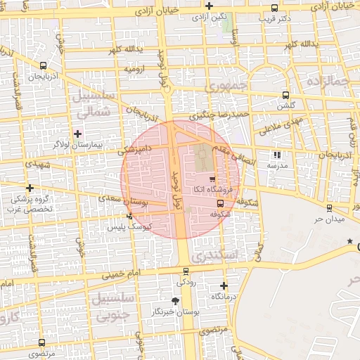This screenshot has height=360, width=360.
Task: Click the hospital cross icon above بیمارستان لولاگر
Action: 78,133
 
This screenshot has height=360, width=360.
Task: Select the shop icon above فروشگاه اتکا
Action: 212,179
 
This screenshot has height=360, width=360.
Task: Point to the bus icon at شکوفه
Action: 221,204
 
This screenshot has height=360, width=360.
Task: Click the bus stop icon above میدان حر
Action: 329,208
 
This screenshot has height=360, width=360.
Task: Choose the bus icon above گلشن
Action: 285,95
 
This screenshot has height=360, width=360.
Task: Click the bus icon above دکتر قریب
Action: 274,8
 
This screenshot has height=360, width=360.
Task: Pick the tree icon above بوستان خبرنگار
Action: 175,300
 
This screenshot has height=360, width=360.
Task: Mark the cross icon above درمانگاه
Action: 224,285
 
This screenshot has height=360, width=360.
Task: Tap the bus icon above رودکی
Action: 186,271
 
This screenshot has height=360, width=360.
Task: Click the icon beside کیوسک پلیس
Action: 129,216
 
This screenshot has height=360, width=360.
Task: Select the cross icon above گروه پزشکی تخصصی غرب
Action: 30,188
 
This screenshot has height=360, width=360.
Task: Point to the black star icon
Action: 349,242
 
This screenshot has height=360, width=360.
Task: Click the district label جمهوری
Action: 224,85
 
